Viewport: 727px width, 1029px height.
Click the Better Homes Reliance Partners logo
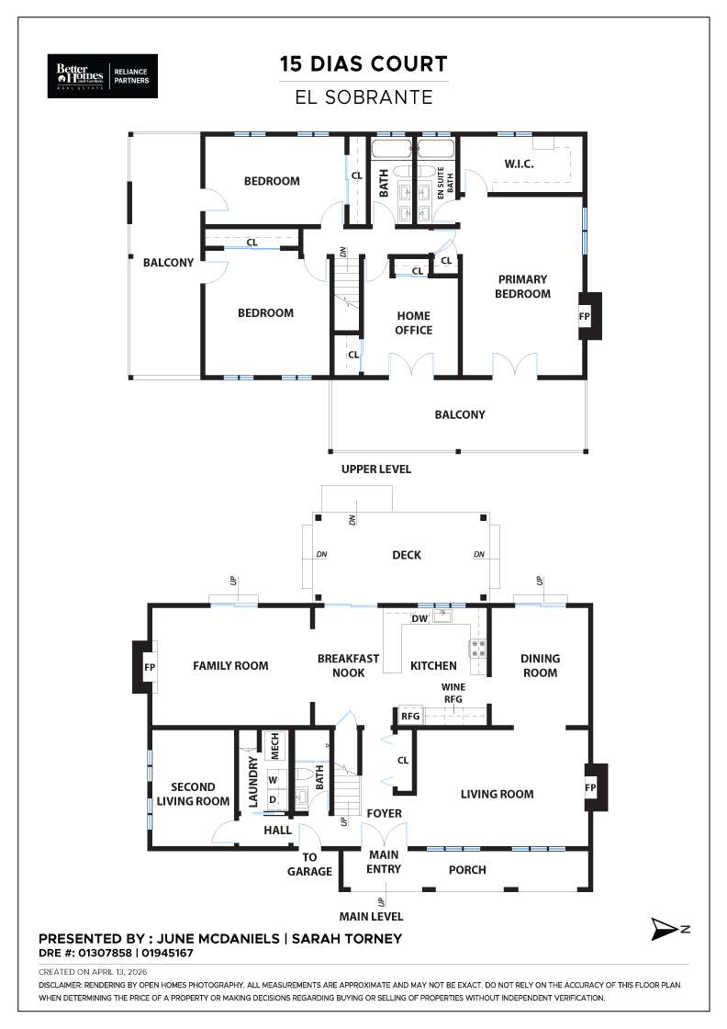(103, 74)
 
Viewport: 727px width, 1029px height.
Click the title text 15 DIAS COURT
(363, 64)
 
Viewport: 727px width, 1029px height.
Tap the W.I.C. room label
(519, 164)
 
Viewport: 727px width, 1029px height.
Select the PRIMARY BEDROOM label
(522, 287)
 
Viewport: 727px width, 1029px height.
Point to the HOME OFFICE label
(413, 323)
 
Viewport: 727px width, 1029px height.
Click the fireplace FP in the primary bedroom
(584, 315)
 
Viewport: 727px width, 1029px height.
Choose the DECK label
(407, 555)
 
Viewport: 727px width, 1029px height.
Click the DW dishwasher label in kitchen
(419, 619)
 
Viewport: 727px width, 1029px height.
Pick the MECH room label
(274, 745)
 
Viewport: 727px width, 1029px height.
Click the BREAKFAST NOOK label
(348, 666)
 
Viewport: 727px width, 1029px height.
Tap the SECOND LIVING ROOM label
(194, 794)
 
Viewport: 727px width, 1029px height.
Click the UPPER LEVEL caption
(376, 469)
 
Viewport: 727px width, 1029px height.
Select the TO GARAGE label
(309, 864)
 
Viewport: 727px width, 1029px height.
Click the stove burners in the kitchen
(477, 648)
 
